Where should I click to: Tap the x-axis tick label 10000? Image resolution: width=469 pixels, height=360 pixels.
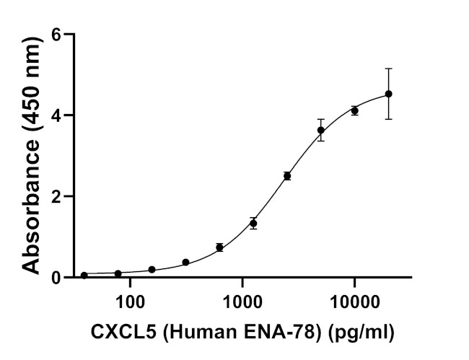coord(355,299)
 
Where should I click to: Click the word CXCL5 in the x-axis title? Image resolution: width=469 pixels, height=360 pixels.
coord(117,333)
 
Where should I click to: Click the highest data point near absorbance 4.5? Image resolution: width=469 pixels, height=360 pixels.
coord(388,94)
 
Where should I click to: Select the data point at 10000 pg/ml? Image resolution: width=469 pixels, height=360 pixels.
coord(354,110)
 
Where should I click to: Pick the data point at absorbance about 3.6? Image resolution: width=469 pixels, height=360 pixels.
coord(320,131)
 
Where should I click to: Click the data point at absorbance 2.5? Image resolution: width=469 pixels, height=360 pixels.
coord(287,176)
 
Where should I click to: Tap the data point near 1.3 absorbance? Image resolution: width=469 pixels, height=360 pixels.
coord(253,223)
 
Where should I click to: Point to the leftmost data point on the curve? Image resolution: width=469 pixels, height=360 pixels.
coord(84,275)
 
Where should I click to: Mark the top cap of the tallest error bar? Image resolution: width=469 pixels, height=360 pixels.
coord(388,69)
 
